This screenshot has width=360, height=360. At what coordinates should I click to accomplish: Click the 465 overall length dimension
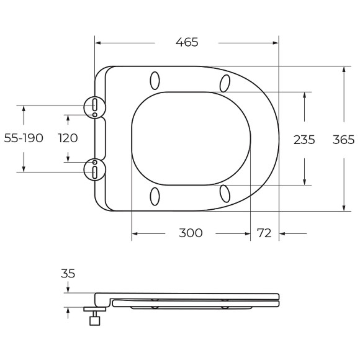(187, 42)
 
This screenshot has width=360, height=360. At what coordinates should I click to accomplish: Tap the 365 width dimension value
(344, 140)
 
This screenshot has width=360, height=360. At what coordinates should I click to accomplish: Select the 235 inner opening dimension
(304, 140)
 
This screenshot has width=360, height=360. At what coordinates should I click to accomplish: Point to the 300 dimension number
(191, 233)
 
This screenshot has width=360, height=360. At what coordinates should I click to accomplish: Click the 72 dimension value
(264, 233)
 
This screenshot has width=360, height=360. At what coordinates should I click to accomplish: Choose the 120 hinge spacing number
(68, 138)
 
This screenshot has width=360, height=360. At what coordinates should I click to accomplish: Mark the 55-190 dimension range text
(24, 138)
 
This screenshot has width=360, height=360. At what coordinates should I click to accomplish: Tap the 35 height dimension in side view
(68, 274)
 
